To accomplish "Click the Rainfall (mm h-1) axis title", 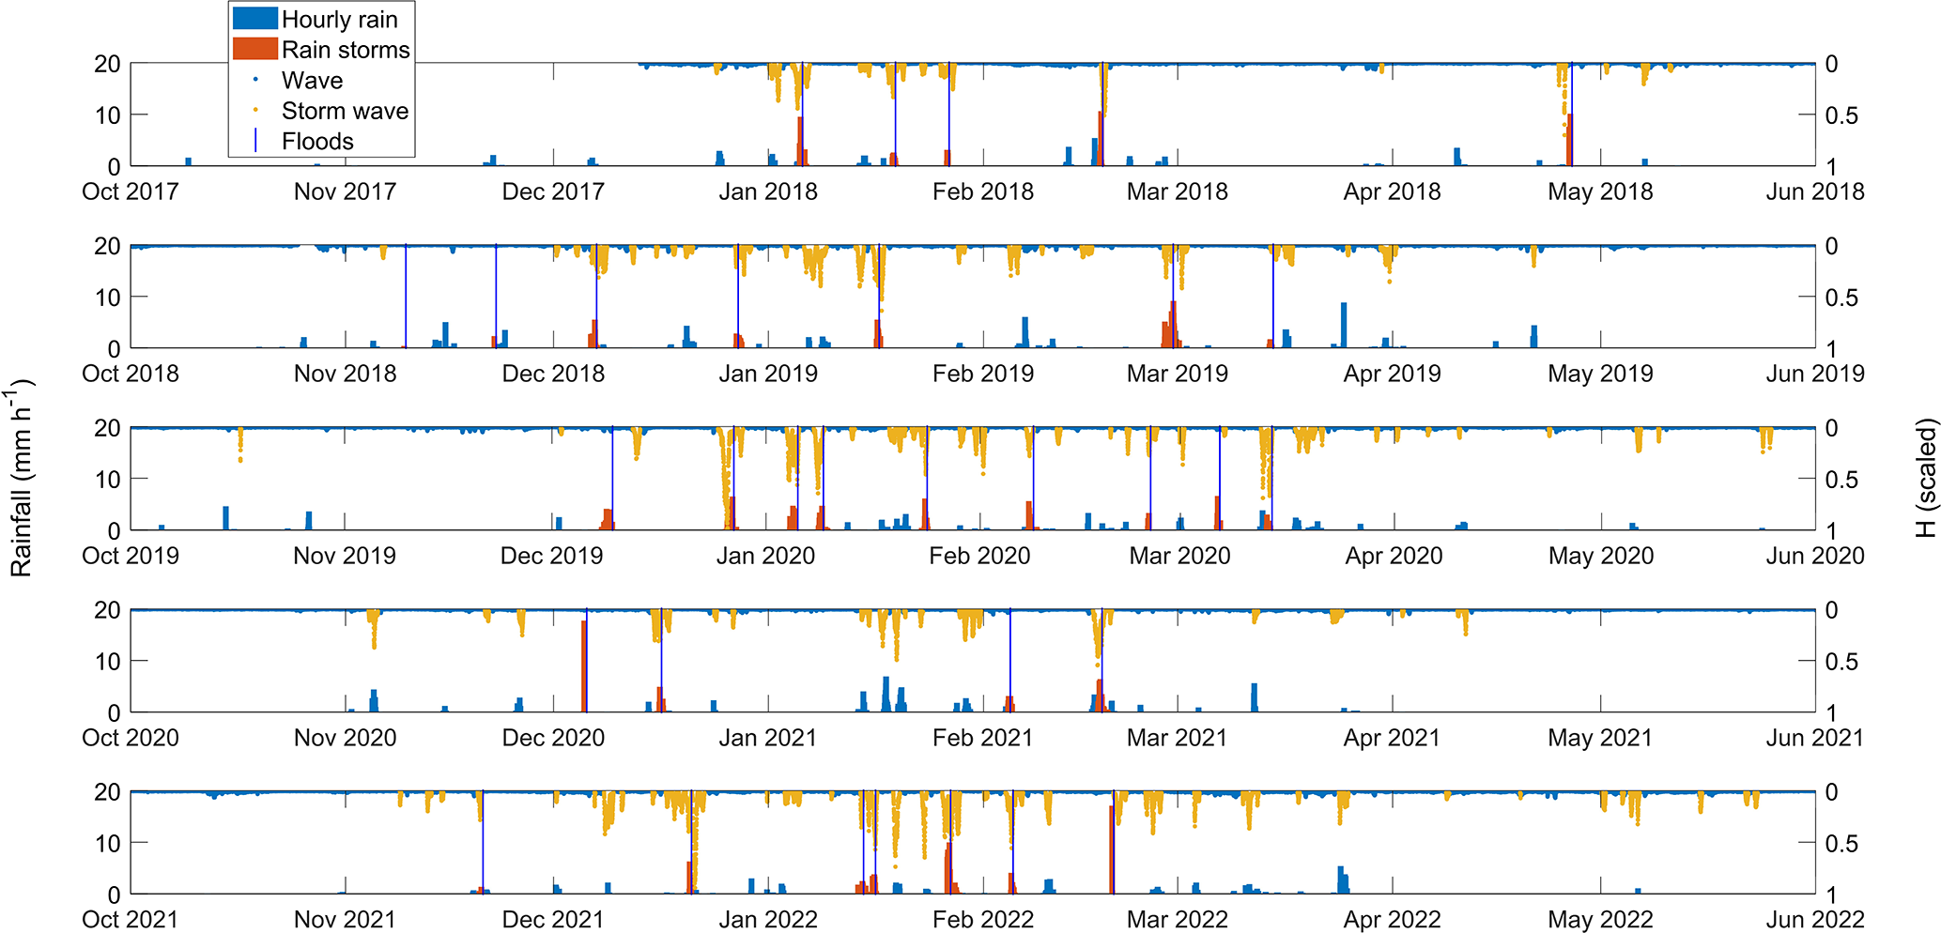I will click(x=21, y=479).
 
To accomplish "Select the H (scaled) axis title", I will click(x=1925, y=479).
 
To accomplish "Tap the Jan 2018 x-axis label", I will click(x=768, y=192).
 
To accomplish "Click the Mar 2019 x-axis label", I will click(x=1177, y=375).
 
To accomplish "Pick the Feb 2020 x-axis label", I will click(x=979, y=557).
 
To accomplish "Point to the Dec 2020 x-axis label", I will click(x=553, y=739).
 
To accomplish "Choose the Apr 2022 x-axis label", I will click(x=1392, y=921).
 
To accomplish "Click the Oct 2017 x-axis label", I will click(x=131, y=192).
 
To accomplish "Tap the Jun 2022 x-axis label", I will click(x=1814, y=921).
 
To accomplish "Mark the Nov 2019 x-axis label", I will click(x=345, y=557).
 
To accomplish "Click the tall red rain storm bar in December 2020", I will click(x=584, y=666).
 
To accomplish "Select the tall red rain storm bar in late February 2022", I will click(x=1112, y=849).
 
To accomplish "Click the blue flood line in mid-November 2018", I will click(x=406, y=296).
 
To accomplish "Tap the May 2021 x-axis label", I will click(x=1600, y=739).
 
